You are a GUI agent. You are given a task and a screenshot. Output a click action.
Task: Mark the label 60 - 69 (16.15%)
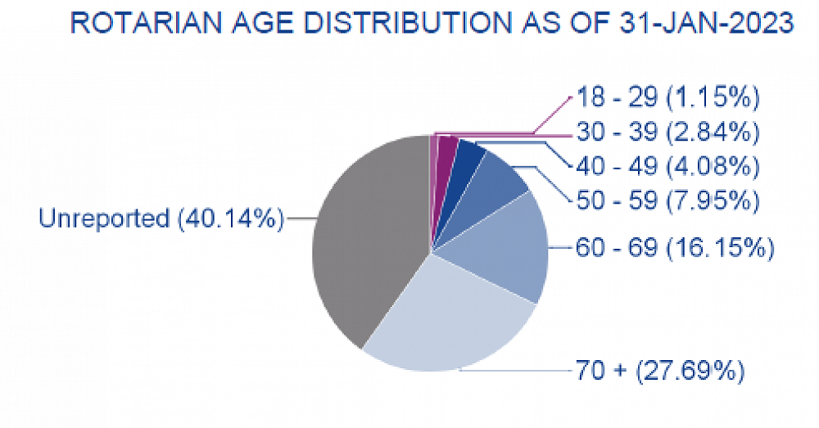(673, 247)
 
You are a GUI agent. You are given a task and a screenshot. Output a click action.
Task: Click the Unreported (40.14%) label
(161, 219)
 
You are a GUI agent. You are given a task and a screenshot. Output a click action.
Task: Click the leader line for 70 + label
(516, 371)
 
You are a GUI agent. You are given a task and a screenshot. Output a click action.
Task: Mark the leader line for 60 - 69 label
(561, 247)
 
